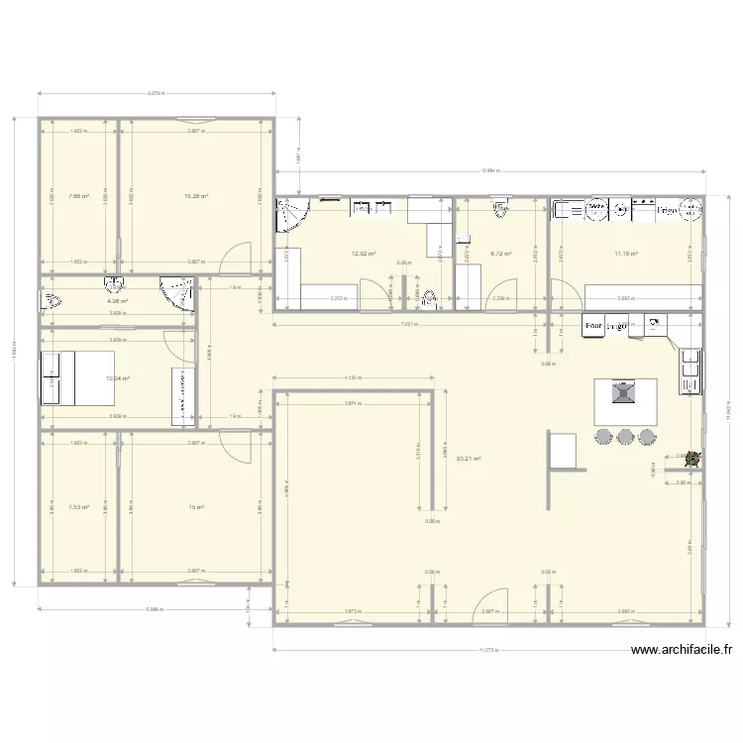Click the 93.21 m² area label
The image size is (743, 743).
point(469,458)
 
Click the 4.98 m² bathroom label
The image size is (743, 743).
point(118,301)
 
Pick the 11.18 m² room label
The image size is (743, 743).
point(625,254)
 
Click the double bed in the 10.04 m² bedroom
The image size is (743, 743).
point(56,377)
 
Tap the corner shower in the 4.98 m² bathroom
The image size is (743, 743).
point(178,292)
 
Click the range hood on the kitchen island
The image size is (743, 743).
point(622,394)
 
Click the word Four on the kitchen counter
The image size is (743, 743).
point(594,325)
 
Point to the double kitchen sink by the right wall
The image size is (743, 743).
point(690,369)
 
